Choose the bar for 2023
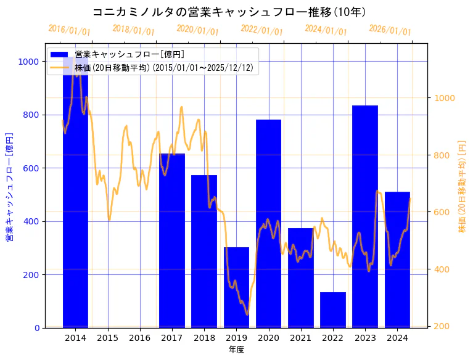pyautogui.click(x=365, y=216)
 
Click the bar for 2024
pyautogui.click(x=397, y=260)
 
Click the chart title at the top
pyautogui.click(x=229, y=12)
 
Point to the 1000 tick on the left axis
pyautogui.click(x=28, y=62)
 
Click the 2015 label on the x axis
pyautogui.click(x=107, y=338)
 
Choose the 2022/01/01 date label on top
pyautogui.click(x=261, y=30)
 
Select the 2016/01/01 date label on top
pyautogui.click(x=69, y=30)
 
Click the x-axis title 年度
pyautogui.click(x=236, y=350)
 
